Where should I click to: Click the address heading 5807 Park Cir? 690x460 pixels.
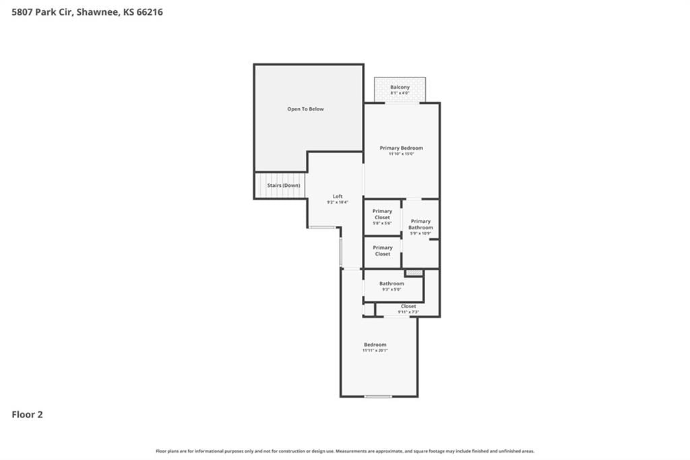point(87,12)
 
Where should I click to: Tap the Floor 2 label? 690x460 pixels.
point(27,415)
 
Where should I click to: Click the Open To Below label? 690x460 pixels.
point(305,109)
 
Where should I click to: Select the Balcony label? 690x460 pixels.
point(400,87)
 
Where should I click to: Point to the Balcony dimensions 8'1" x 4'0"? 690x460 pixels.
point(400,93)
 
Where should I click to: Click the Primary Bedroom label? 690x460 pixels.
point(402,148)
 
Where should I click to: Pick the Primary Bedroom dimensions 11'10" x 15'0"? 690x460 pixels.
point(402,154)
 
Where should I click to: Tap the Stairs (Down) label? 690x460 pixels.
point(284,185)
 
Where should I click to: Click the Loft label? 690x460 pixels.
point(338,196)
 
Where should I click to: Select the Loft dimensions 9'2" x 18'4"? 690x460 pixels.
point(338,202)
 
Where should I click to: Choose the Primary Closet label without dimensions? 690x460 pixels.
point(383,251)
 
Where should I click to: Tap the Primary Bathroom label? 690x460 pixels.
point(420,225)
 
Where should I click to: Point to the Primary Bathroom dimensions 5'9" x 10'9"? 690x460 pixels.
point(420,233)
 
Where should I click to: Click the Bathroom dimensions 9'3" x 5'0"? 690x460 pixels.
point(391,289)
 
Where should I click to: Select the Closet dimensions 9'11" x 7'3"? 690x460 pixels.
point(408,312)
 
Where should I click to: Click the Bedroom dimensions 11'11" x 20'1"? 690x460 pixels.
point(375,350)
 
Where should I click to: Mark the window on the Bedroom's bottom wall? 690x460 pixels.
point(378,397)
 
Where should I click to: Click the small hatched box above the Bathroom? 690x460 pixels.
point(414,272)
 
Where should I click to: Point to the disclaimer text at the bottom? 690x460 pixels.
point(345,451)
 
